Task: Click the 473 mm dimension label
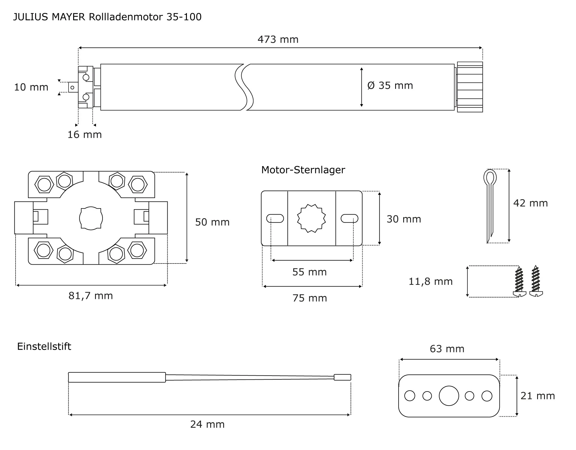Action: point(278,39)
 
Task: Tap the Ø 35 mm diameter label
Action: point(390,86)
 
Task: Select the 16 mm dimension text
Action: point(84,135)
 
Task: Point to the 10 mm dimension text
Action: point(31,87)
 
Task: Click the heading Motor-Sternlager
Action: point(303,170)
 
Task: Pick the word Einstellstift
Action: point(44,346)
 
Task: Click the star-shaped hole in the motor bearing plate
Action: point(311,218)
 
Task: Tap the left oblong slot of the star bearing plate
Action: point(275,219)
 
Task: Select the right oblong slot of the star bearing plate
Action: point(349,219)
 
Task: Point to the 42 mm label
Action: point(530,203)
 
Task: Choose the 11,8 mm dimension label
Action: point(431,281)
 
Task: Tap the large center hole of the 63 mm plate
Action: point(449,396)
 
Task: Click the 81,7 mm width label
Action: point(90,296)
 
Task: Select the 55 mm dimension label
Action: point(309,272)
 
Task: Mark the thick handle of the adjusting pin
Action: point(117,377)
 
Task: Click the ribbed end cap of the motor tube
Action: point(470,87)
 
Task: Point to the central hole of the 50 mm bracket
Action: point(91,218)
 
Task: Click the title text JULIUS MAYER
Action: point(49,17)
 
